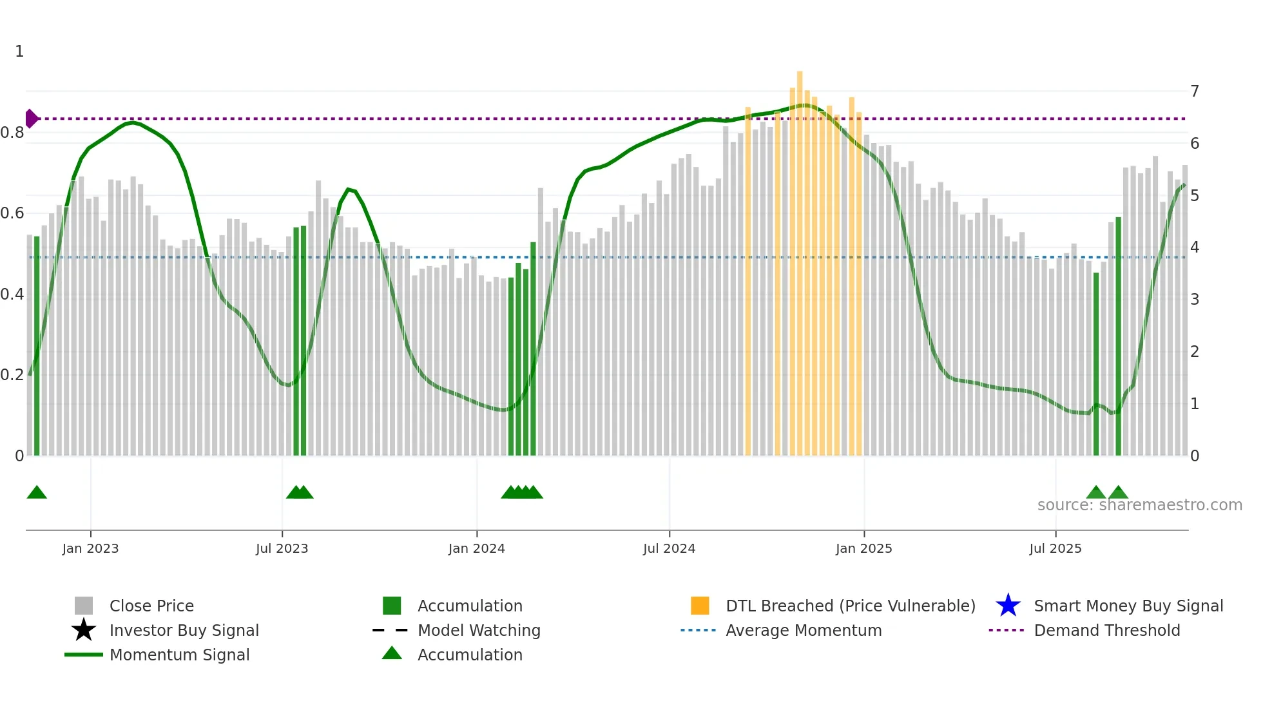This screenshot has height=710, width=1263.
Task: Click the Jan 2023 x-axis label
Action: pos(90,548)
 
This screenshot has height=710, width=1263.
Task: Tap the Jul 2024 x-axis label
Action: pos(669,548)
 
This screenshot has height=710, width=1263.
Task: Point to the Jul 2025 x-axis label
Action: pos(1055,548)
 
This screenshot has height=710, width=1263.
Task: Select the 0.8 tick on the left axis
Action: pos(12,133)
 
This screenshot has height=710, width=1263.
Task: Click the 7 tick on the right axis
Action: pos(1195,91)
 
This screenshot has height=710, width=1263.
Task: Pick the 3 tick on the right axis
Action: pos(1195,300)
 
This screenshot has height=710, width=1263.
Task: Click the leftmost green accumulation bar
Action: pos(37,348)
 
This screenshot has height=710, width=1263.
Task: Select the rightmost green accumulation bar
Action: pos(1118,335)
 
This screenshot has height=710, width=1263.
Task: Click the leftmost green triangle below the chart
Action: pos(37,493)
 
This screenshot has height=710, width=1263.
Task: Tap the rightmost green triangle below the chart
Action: pos(1118,493)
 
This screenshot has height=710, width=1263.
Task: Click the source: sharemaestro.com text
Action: pos(1139,505)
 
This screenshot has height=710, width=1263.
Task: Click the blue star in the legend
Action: pos(1008,606)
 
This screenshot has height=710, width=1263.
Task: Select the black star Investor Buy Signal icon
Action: pos(84,630)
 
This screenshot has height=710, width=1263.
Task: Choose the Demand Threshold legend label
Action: pos(1106,630)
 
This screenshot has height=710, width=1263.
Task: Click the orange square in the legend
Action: pos(700,606)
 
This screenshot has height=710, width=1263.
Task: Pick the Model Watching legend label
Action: pos(479,630)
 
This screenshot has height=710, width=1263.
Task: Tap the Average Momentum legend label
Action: pos(804,630)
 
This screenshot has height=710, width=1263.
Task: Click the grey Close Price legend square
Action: pos(84,606)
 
